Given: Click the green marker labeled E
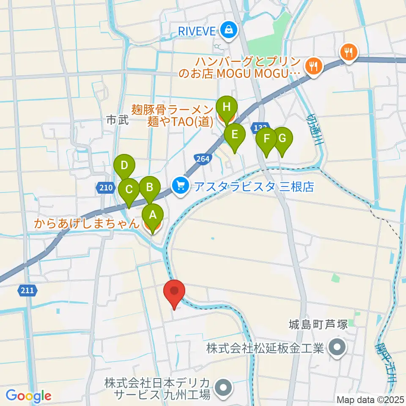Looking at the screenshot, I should point(234,135).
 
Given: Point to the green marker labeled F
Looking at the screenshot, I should point(266,139).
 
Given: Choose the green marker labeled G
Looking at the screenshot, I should point(283,138).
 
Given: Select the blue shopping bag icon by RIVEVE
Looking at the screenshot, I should point(228,30).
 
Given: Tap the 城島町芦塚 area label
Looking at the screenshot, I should point(318,325).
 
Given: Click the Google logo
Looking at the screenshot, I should point(28,396).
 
